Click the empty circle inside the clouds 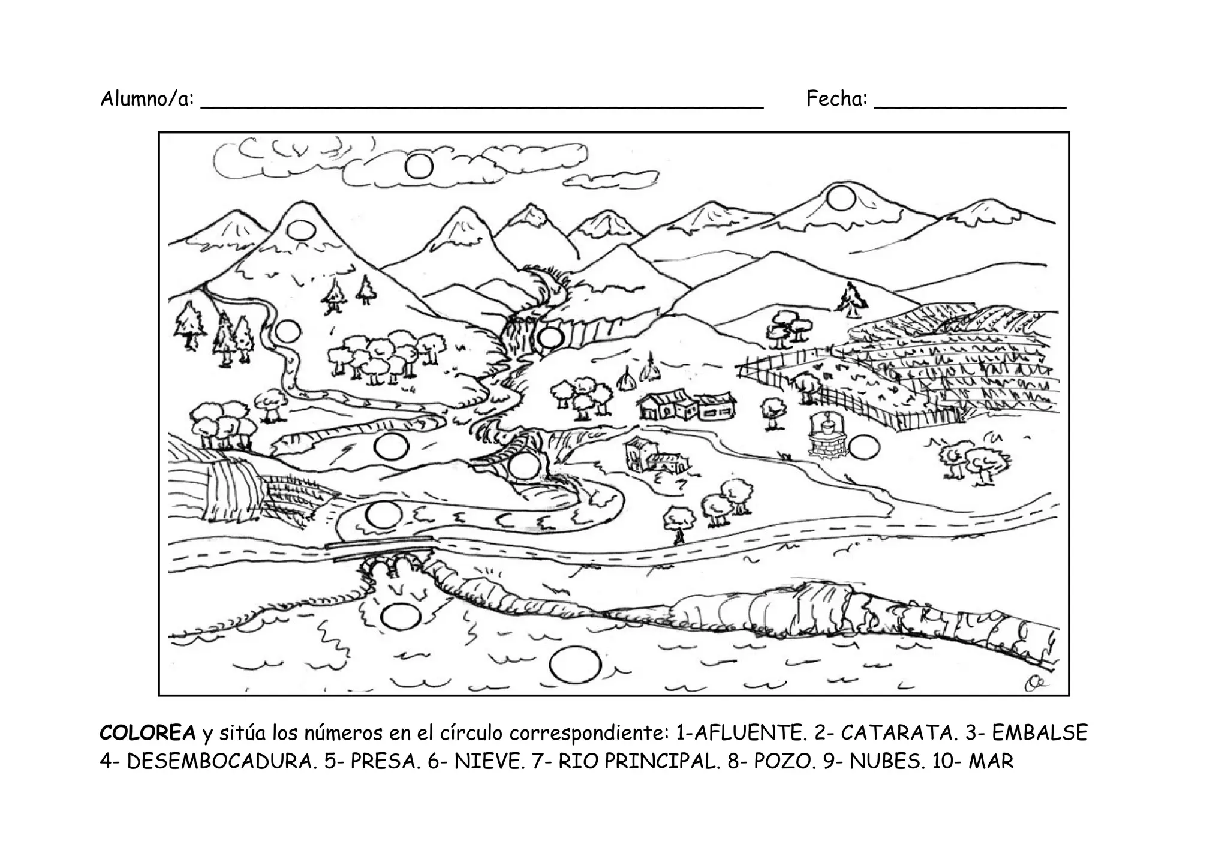pos(419,166)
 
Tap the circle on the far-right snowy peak pos(839,198)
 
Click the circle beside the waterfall pos(549,338)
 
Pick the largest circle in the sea pos(574,665)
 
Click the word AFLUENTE pos(745,733)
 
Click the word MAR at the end pos(991,761)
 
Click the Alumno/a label pos(148,98)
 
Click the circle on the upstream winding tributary pos(287,331)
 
